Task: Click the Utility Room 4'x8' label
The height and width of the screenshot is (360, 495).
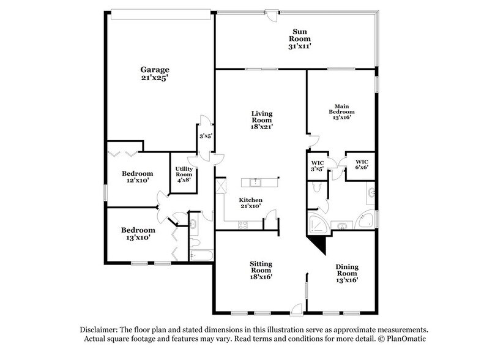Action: point(184,174)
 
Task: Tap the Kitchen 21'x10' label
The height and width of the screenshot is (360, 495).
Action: point(251,203)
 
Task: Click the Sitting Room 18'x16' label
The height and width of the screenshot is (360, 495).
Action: point(261,269)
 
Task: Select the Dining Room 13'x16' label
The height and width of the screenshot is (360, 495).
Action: point(346,273)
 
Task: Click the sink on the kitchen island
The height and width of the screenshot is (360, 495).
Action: point(255,182)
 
